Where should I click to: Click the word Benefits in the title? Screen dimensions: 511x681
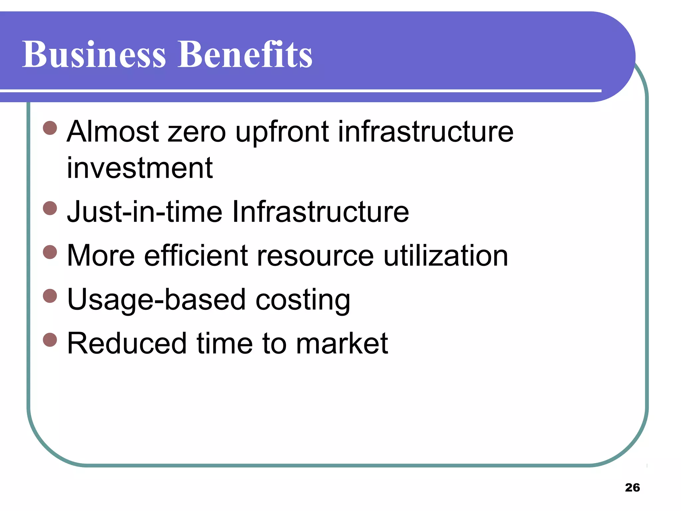point(245,54)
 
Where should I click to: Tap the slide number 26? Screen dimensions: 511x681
point(632,487)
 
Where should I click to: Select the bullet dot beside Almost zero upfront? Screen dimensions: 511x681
point(50,128)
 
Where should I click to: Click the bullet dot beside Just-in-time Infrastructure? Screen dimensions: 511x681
point(50,208)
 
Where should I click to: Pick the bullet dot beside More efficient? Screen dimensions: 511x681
point(50,252)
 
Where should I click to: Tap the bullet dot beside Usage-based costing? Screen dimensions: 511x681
point(50,296)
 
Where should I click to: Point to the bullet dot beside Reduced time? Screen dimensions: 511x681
point(50,340)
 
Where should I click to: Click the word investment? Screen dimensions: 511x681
point(140,168)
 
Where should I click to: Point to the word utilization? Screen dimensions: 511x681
point(446,255)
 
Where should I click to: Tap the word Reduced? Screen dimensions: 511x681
point(127,343)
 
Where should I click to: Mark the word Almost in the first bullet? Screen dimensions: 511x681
point(113,132)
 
